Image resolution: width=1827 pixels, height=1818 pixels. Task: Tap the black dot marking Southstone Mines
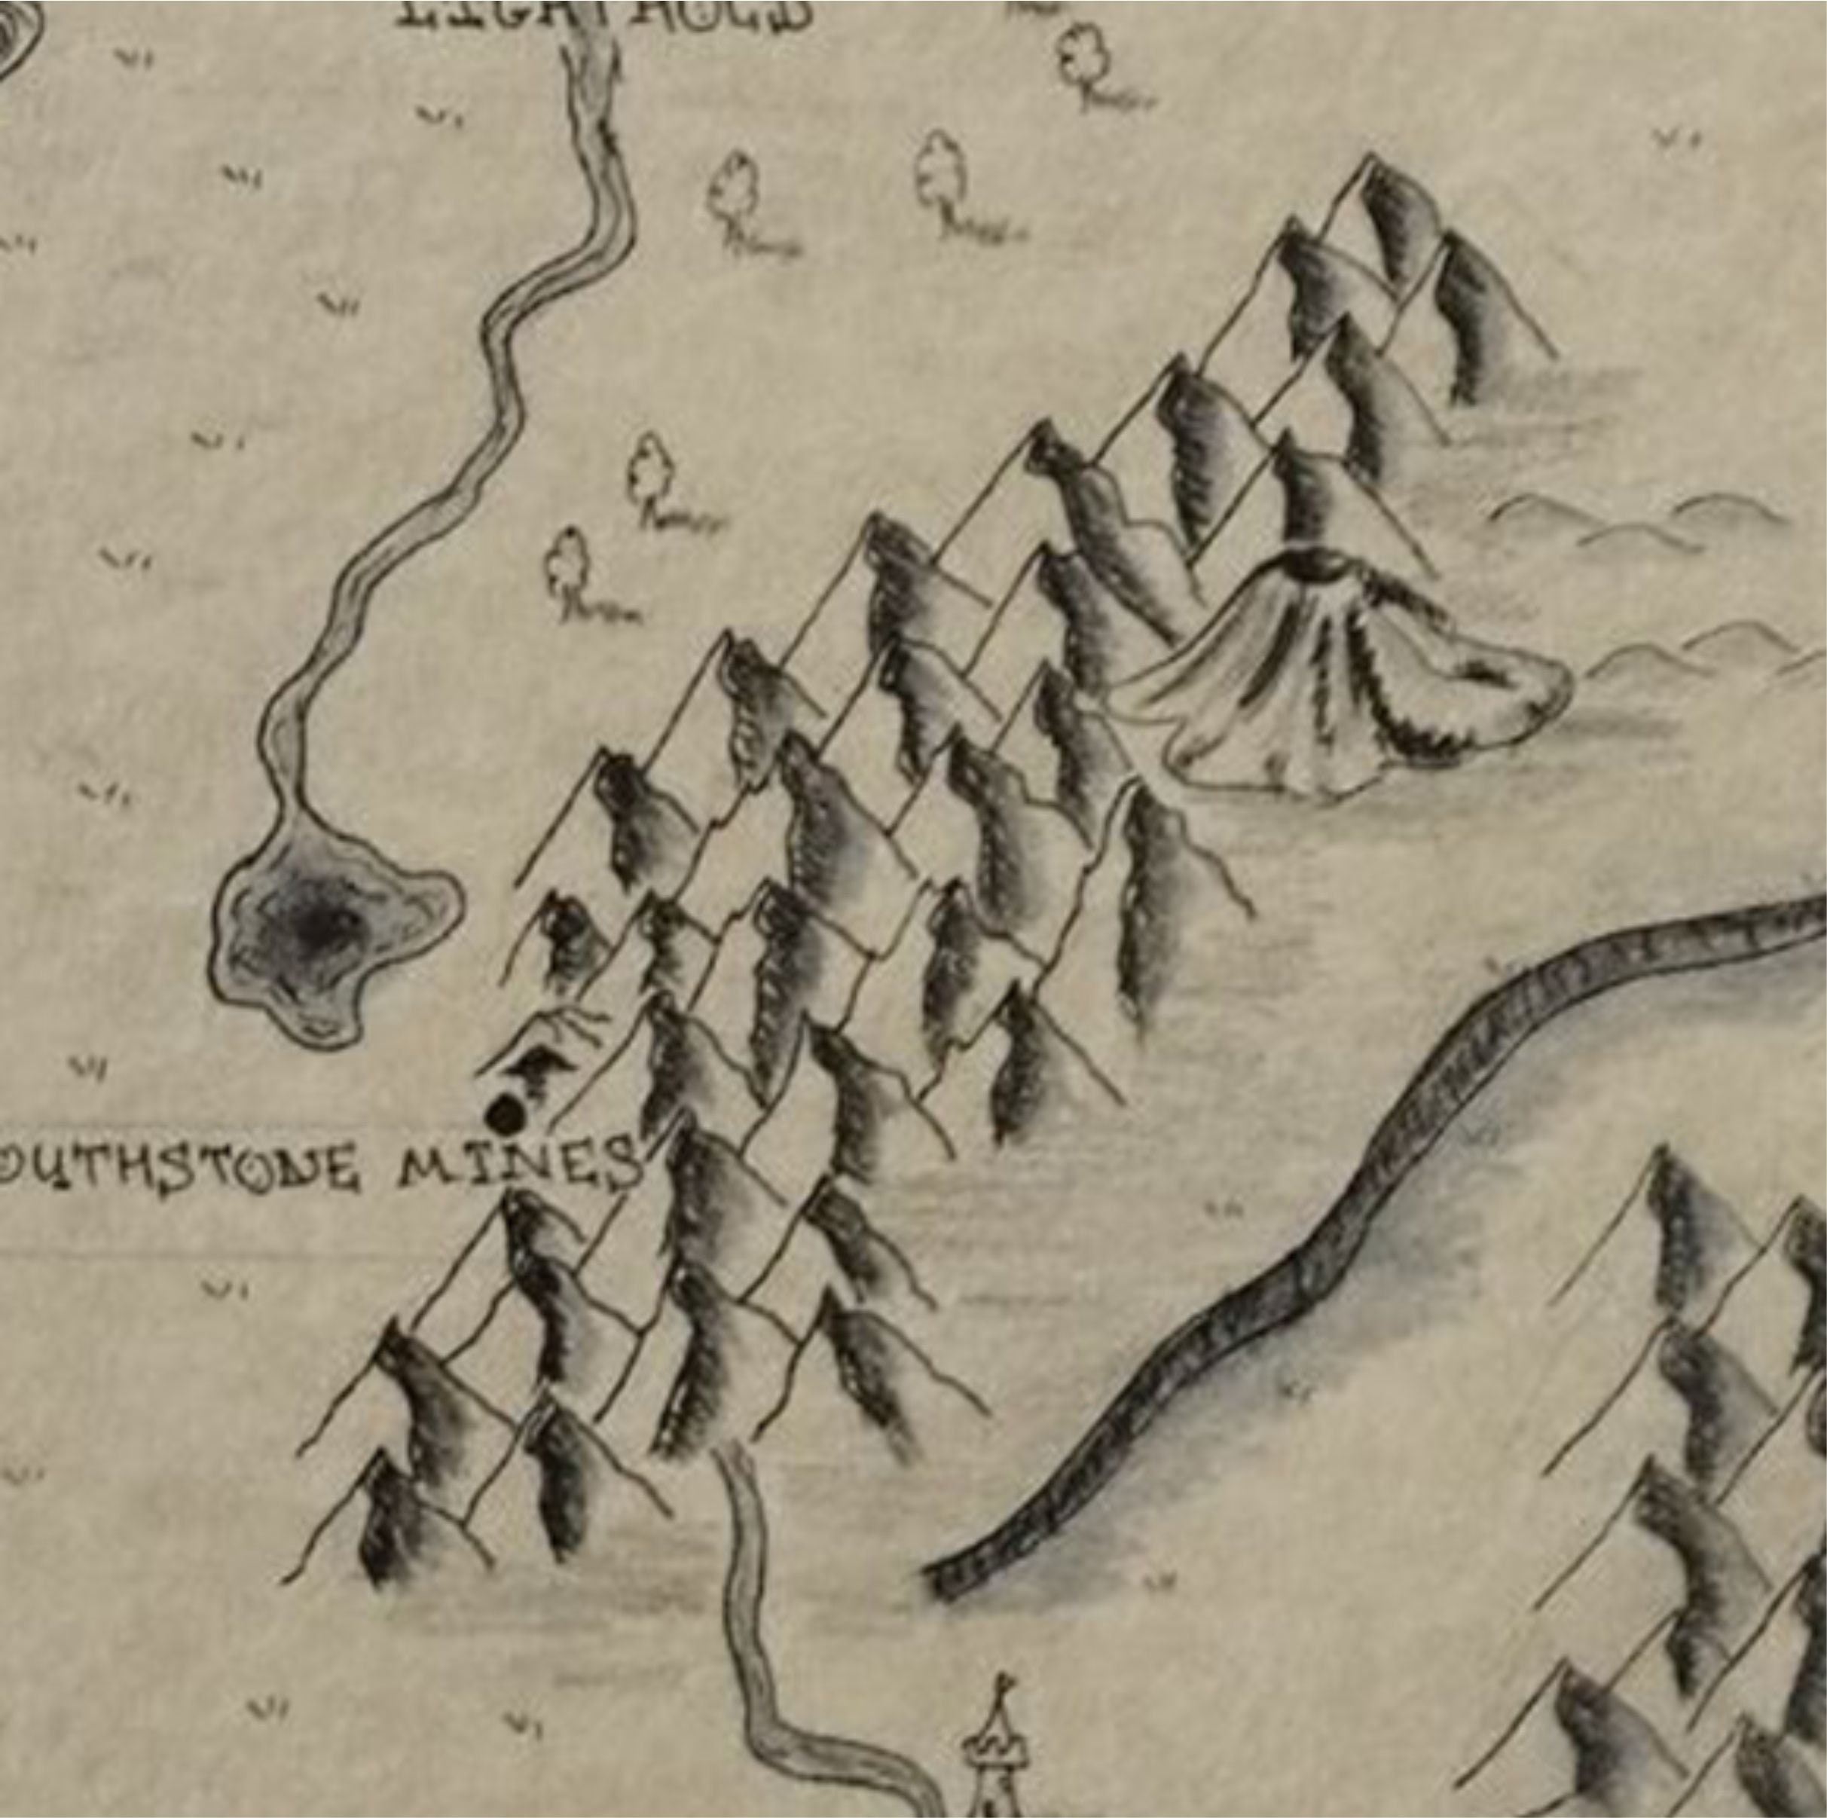pos(506,1114)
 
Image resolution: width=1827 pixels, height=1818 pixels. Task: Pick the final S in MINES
pos(619,1163)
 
